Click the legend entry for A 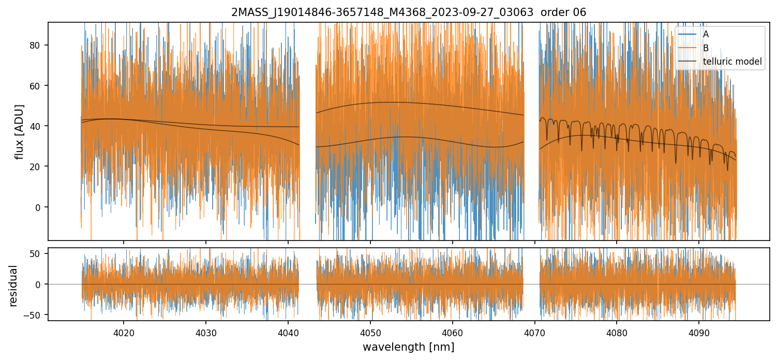pyautogui.click(x=706, y=34)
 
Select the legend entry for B pyautogui.click(x=706, y=48)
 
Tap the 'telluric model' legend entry pyautogui.click(x=733, y=62)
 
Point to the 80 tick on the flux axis pyautogui.click(x=38, y=45)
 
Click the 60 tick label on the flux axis pyautogui.click(x=38, y=85)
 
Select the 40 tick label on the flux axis pyautogui.click(x=38, y=126)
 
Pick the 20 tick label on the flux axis pyautogui.click(x=38, y=167)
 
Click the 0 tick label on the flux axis pyautogui.click(x=40, y=207)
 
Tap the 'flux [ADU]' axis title pyautogui.click(x=20, y=131)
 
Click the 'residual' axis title pyautogui.click(x=13, y=286)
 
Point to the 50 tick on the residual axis pyautogui.click(x=38, y=253)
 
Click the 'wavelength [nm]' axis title pyautogui.click(x=408, y=347)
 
